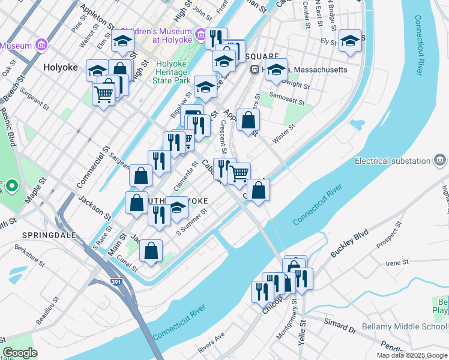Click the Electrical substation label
[393, 161]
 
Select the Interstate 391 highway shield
[117, 280]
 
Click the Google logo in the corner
[20, 353]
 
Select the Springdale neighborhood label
[49, 235]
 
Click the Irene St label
[397, 262]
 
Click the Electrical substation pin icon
[441, 160]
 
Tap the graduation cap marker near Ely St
[350, 41]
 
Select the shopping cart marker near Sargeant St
[103, 93]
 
